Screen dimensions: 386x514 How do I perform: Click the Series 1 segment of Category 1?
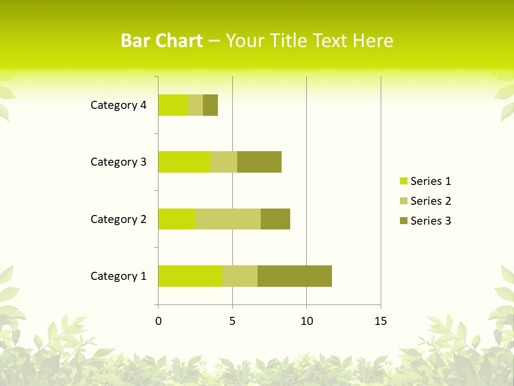[190, 276]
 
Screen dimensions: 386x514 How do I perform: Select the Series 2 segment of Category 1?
[240, 276]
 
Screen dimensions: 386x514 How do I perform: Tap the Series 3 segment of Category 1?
[294, 276]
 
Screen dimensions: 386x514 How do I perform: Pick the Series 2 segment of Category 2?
[228, 219]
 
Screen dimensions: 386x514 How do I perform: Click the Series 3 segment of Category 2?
[275, 219]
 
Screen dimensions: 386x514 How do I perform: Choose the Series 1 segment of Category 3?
[184, 162]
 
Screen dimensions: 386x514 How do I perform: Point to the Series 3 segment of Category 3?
[259, 162]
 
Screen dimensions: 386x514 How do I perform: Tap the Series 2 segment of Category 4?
[195, 105]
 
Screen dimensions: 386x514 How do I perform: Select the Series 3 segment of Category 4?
[210, 105]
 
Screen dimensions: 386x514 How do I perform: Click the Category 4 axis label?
[118, 105]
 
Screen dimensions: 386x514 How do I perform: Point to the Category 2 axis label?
[118, 219]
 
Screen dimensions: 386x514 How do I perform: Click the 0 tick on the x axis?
[158, 321]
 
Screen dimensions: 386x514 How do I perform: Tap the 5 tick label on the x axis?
[232, 321]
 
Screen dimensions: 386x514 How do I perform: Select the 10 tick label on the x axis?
[306, 321]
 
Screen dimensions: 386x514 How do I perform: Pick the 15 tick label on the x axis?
[381, 321]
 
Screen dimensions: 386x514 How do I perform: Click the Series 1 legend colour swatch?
[403, 181]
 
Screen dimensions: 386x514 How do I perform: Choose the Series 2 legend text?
[430, 201]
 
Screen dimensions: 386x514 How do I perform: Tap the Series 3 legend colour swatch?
[403, 221]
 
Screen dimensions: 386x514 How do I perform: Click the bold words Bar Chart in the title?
[162, 41]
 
